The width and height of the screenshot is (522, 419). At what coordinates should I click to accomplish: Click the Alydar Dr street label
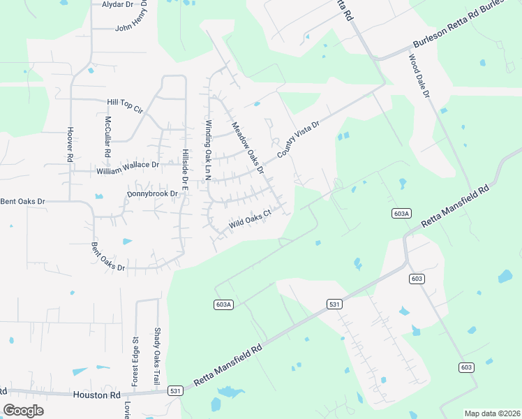117,4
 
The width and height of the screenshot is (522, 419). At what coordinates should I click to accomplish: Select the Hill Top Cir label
124,105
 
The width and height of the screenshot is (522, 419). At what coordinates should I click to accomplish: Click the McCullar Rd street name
107,135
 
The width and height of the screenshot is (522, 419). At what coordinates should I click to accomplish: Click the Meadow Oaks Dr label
248,147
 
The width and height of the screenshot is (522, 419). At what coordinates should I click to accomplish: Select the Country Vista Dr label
298,140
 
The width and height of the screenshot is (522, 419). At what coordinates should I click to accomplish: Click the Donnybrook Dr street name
153,193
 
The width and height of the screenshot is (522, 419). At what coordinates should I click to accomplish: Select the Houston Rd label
97,395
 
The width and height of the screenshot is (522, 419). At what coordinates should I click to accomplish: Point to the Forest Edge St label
135,361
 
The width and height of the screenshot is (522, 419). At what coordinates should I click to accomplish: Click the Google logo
24,410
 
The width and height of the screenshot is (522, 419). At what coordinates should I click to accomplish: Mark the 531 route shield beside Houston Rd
175,392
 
